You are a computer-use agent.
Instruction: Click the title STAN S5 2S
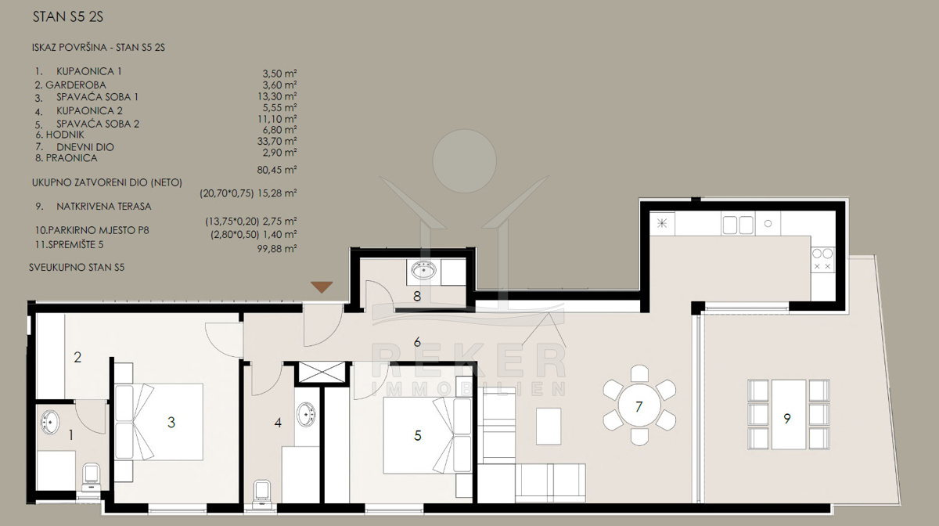pyautogui.click(x=68, y=16)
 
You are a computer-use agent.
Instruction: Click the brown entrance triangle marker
pyautogui.click(x=322, y=287)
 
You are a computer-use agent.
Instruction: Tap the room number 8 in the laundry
pyautogui.click(x=416, y=297)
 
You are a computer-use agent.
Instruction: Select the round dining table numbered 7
pyautogui.click(x=639, y=405)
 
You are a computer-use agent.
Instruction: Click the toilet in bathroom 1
pyautogui.click(x=92, y=477)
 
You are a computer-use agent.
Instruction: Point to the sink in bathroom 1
pyautogui.click(x=50, y=422)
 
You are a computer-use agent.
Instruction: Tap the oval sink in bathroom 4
pyautogui.click(x=306, y=414)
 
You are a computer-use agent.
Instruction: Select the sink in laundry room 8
pyautogui.click(x=423, y=270)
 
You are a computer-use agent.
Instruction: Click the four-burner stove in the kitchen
pyautogui.click(x=822, y=260)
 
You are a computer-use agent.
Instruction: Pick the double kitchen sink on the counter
pyautogui.click(x=738, y=225)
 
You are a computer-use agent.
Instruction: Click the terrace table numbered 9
pyautogui.click(x=789, y=414)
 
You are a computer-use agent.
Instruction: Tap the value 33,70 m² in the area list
pyautogui.click(x=277, y=142)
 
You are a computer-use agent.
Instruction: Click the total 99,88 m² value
pyautogui.click(x=277, y=249)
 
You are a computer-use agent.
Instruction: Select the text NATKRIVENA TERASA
pyautogui.click(x=104, y=207)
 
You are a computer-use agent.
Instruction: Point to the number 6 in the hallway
pyautogui.click(x=417, y=342)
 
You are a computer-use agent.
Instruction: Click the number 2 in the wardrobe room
pyautogui.click(x=77, y=358)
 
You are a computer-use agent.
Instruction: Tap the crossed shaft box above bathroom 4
pyautogui.click(x=322, y=373)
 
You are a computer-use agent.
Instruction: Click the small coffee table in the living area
pyautogui.click(x=549, y=426)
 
